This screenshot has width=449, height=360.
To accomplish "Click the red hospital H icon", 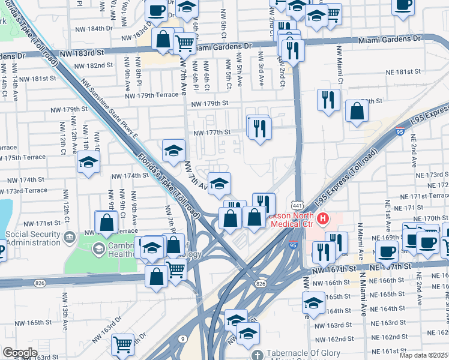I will click(x=324, y=219).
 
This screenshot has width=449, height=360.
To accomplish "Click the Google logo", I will click(x=20, y=352).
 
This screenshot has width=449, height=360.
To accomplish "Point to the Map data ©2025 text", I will click(x=422, y=355).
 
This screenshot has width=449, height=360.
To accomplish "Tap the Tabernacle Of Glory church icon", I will click(x=256, y=355).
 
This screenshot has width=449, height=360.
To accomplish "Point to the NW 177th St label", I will click(x=211, y=132).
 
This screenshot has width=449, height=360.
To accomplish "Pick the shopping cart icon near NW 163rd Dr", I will click(x=122, y=344).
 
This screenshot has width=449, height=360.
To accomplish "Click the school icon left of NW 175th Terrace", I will click(x=88, y=162).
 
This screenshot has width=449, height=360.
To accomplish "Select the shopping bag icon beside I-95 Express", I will click(x=357, y=111).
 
